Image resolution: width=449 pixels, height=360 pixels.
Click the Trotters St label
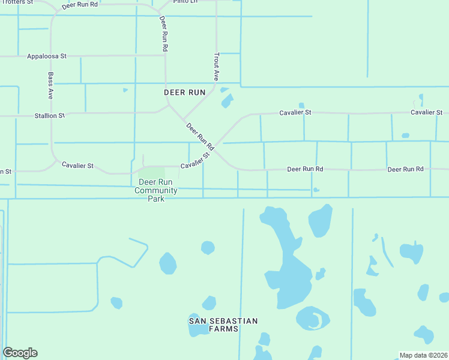(x=16, y=2)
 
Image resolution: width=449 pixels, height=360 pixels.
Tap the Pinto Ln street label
(x=184, y=2)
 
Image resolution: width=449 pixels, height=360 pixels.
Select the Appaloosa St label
(x=46, y=56)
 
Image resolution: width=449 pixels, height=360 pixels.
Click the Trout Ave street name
(x=216, y=66)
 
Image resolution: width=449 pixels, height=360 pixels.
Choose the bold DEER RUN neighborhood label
(x=185, y=92)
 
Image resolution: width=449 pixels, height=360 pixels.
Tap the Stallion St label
(x=49, y=115)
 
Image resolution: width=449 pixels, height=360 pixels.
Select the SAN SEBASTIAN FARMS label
(x=223, y=325)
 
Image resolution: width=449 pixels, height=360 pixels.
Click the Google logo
(x=20, y=353)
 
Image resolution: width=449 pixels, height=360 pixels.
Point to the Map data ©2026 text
(x=423, y=355)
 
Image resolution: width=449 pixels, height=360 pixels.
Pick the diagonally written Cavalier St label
(x=196, y=160)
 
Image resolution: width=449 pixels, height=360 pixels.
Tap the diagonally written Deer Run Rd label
(x=200, y=137)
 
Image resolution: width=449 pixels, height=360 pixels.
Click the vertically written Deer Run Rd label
(x=164, y=33)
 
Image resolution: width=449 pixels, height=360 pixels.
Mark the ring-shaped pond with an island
(x=313, y=318)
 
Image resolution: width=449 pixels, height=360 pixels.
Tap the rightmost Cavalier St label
(x=426, y=112)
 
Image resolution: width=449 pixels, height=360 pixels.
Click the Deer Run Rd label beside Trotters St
(x=79, y=5)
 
